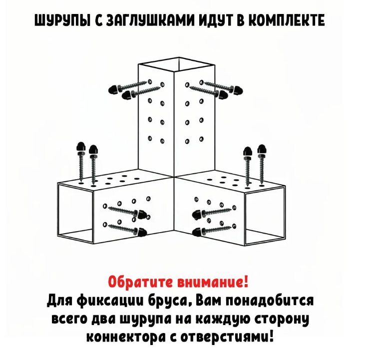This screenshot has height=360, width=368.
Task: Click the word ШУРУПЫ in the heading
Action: tap(62, 20)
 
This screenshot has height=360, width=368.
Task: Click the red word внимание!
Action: tap(213, 282)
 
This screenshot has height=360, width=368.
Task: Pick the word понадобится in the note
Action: tap(270, 301)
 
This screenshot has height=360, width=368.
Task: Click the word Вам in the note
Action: tap(208, 301)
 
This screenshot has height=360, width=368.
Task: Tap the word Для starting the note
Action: tap(59, 301)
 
